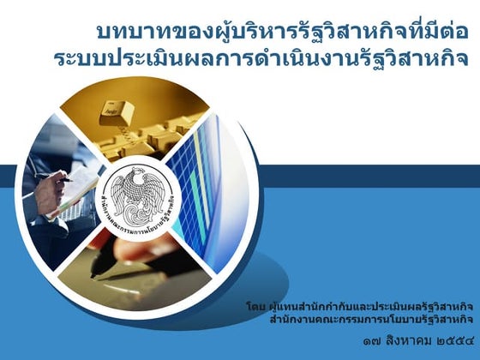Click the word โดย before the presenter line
pyautogui.click(x=255, y=304)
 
